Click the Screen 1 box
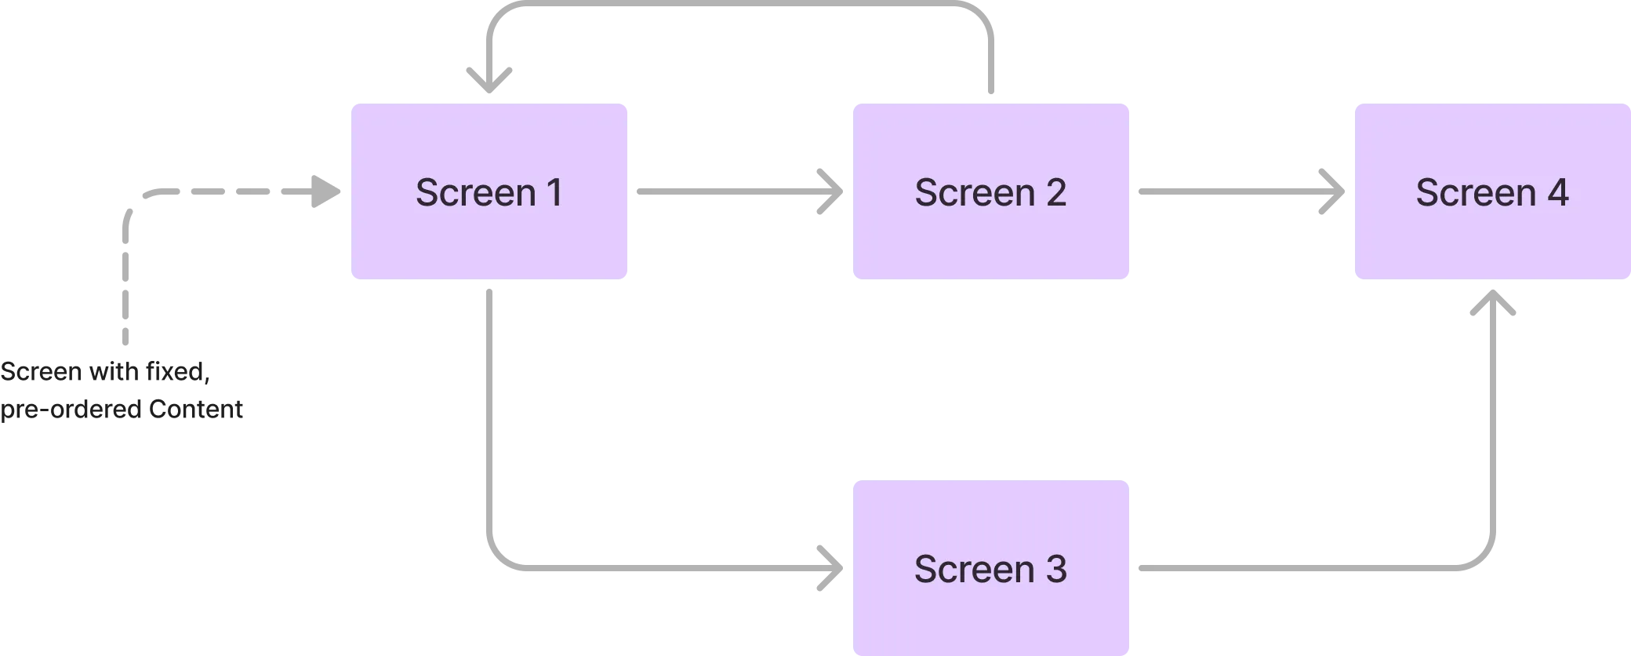[489, 235]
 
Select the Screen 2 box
[990, 235]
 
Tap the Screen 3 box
[990, 612]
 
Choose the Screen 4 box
[1492, 235]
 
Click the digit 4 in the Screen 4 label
[1557, 192]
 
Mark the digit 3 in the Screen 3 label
[1055, 569]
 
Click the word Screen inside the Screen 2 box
[975, 192]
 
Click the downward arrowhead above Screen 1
[489, 77]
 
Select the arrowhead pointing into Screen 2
[831, 191]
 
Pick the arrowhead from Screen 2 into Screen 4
[1333, 191]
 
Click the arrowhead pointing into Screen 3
[831, 567]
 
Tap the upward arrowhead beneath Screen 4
[1492, 304]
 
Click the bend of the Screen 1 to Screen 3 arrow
[497, 557]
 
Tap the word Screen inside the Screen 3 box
[975, 569]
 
